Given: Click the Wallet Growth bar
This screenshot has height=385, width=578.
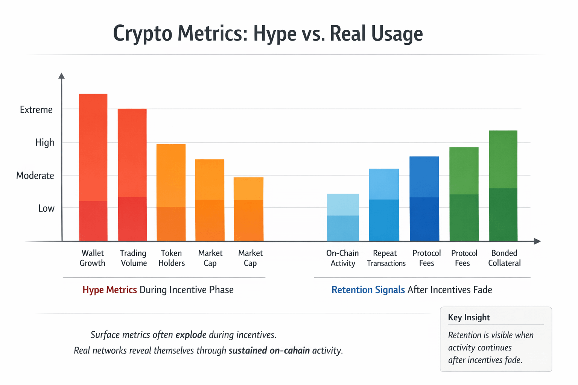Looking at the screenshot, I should coord(93,167).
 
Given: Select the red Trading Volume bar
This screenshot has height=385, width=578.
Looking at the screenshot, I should coord(132,175).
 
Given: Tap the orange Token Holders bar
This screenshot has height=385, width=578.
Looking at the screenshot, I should coord(171,192).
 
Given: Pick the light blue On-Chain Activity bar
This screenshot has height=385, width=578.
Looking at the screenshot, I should coord(343,217).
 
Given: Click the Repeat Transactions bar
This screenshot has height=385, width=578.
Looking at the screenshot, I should coord(384,205).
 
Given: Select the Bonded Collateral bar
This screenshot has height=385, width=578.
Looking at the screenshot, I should coord(503,186).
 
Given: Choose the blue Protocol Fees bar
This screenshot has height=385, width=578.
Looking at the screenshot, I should coord(424,199).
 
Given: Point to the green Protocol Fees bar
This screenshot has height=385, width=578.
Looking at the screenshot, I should coord(464,194).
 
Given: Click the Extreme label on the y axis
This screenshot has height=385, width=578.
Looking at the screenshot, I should coord(36,110).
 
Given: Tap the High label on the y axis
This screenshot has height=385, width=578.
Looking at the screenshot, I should coord(45,142).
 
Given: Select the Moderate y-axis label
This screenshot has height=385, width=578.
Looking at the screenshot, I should coord(35,176).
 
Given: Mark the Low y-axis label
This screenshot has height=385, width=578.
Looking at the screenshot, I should coord(46,208).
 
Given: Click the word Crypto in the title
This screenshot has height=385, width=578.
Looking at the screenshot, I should coord(143,34).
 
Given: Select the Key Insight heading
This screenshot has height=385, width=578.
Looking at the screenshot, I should coord(469,317).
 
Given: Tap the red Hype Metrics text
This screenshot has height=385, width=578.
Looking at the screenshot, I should coord(110,290).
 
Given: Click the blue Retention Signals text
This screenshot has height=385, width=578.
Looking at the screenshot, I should coord(368,290).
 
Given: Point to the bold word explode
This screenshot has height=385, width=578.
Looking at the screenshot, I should coord(191,335).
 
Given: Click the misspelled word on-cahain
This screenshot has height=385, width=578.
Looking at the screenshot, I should coord(289,350).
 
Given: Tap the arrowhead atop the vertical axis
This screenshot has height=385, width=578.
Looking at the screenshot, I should coord(62,76).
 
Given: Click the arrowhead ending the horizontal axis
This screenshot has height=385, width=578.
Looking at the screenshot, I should coord(537,241).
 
